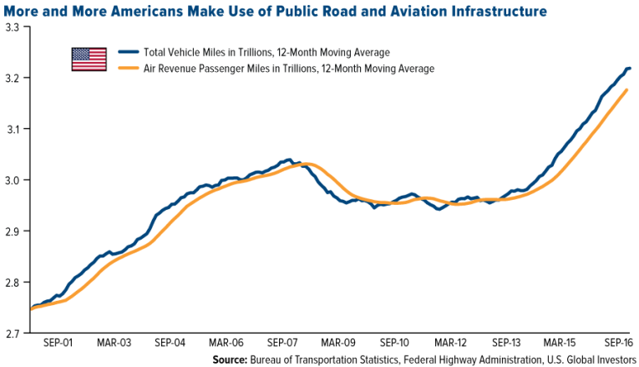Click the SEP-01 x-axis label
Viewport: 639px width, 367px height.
click(x=58, y=343)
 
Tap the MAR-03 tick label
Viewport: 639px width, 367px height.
click(x=114, y=343)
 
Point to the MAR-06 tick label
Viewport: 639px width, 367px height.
click(x=226, y=343)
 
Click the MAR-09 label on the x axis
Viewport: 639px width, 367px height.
click(x=338, y=343)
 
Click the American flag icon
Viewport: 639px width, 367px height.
click(x=89, y=59)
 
